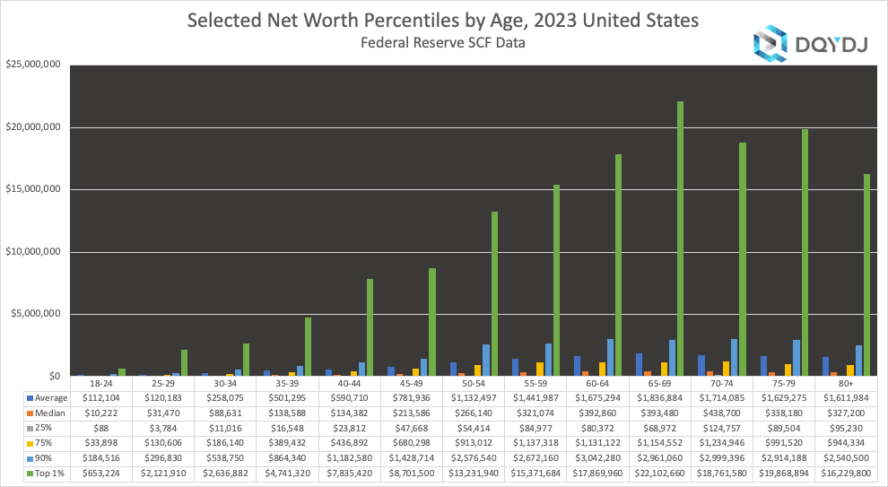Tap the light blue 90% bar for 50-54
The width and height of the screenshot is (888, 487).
coord(485,360)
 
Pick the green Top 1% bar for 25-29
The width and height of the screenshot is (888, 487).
coord(184,362)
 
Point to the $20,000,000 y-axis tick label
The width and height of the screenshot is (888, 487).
coord(32,126)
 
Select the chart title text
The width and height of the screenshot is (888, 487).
coord(443,21)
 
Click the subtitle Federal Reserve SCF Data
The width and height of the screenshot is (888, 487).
coord(443,42)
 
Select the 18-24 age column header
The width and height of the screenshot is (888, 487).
coord(100,382)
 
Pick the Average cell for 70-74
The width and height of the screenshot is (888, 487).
coord(723,397)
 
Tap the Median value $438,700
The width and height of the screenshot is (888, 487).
coord(723,413)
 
